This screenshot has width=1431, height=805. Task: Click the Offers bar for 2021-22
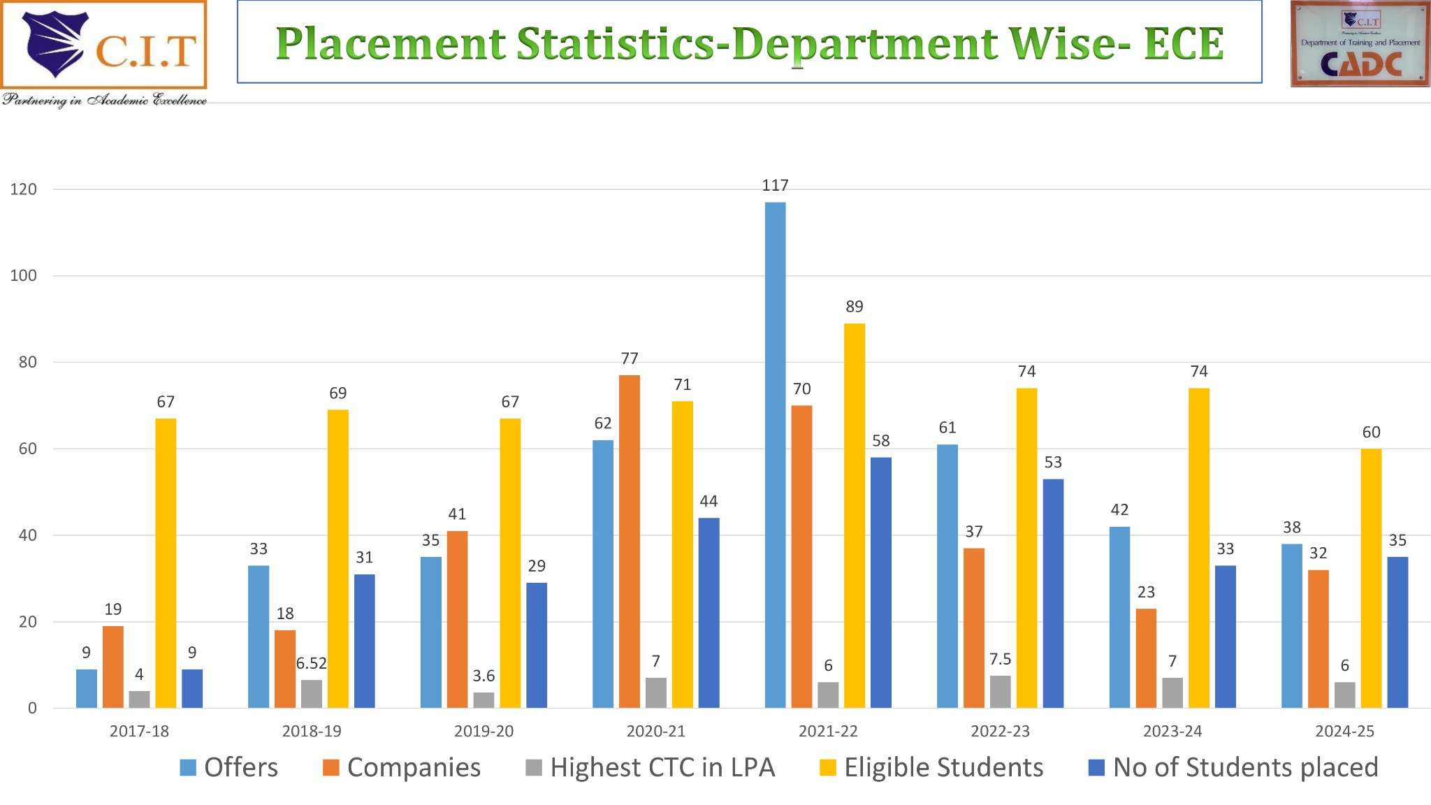click(x=775, y=454)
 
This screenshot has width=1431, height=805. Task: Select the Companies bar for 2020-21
click(x=629, y=542)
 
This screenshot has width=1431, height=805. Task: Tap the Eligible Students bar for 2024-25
click(x=1371, y=578)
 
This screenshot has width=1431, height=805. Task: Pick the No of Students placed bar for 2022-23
click(x=1053, y=593)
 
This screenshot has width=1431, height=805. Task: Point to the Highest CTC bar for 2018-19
click(x=312, y=694)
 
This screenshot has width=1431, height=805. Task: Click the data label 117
click(x=775, y=185)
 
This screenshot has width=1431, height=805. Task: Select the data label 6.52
click(x=311, y=663)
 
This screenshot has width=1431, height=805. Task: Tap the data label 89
click(x=854, y=306)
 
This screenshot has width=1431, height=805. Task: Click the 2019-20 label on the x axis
click(x=484, y=731)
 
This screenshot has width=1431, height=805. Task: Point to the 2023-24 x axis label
click(x=1172, y=731)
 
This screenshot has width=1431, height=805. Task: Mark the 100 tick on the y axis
click(x=23, y=275)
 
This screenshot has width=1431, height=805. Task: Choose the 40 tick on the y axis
click(x=27, y=535)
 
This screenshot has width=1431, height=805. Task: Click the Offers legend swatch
click(x=188, y=768)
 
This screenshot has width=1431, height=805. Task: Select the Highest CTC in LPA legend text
click(x=662, y=767)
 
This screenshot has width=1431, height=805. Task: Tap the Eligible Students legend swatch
click(x=827, y=768)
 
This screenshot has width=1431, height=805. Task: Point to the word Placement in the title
click(x=391, y=43)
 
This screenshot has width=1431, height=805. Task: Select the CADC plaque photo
click(x=1360, y=44)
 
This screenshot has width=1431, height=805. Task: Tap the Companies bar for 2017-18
click(x=113, y=667)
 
